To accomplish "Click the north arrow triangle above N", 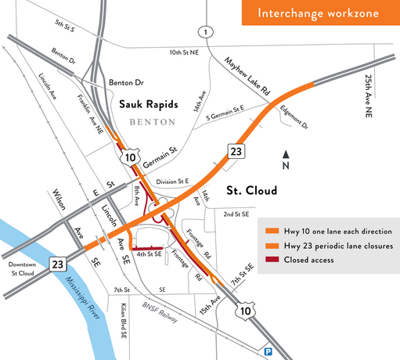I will click(286, 154).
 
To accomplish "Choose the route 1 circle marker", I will click(206, 31).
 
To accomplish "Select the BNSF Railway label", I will click(165, 311).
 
